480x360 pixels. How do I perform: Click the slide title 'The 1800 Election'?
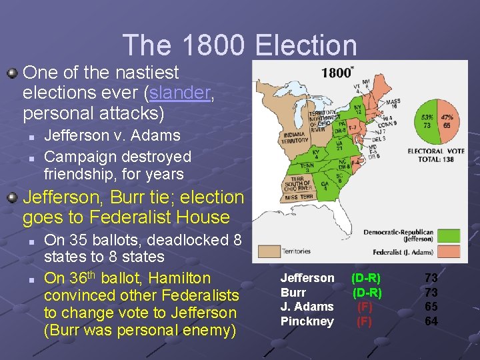[240, 45]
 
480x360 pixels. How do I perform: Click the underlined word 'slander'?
[182, 93]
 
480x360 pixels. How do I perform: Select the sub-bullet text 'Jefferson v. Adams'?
[112, 135]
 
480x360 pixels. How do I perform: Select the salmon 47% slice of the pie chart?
[445, 121]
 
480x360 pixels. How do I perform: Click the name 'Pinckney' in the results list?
[307, 321]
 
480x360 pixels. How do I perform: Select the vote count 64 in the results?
[431, 321]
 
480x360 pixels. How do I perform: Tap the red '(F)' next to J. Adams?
[365, 307]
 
